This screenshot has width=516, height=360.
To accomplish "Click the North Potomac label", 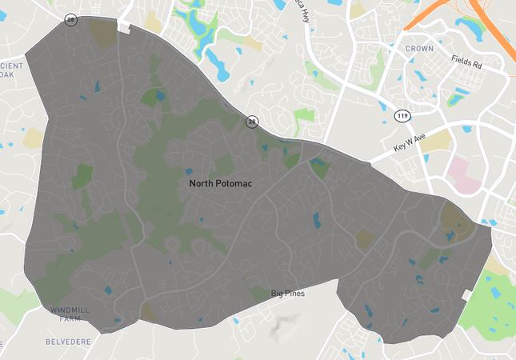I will click(221, 183).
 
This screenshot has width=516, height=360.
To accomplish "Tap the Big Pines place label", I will click(287, 294).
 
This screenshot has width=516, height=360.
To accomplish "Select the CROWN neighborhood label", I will click(419, 49).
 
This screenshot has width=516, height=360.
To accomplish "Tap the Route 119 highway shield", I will click(402, 117).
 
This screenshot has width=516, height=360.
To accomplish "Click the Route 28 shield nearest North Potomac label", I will click(253, 122).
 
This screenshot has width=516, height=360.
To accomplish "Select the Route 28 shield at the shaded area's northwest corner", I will click(71, 20).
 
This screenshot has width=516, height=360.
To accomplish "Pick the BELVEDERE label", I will click(68, 341).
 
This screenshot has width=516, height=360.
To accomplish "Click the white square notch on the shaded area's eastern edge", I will click(467, 295).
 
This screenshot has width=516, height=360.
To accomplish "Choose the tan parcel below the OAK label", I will click(34, 138).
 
